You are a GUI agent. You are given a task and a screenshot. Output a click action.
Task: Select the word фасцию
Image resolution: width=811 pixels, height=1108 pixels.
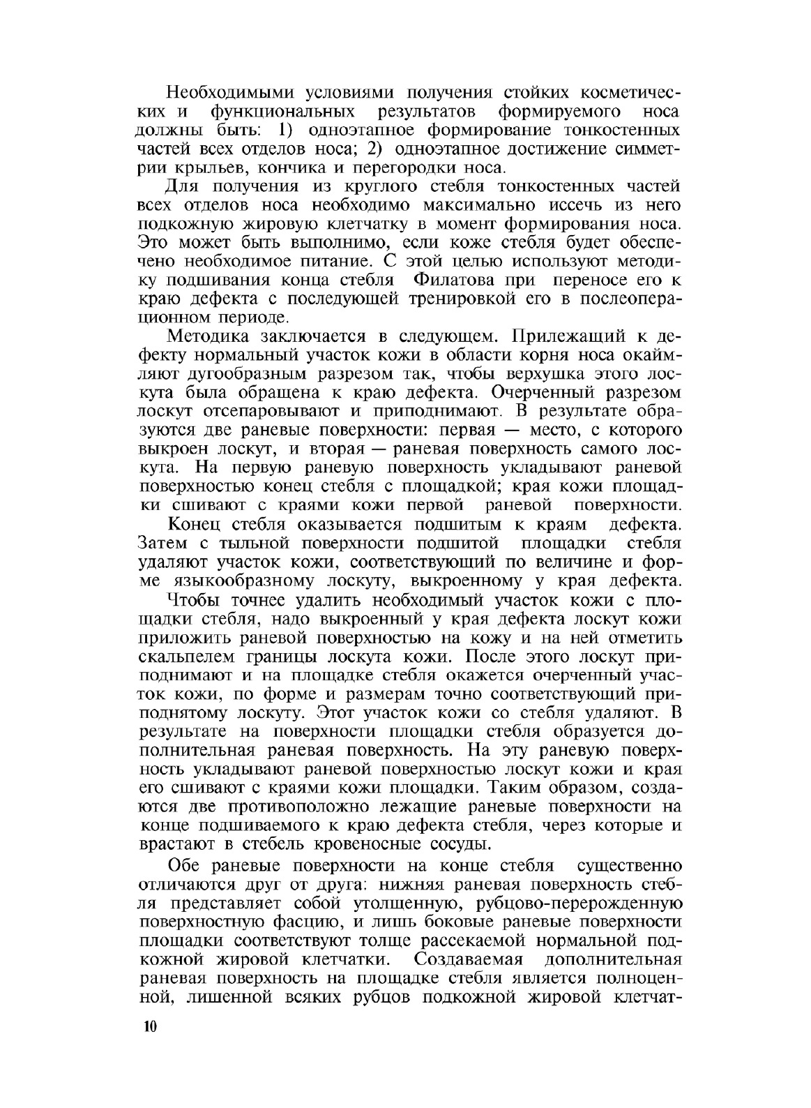click(x=308, y=922)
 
